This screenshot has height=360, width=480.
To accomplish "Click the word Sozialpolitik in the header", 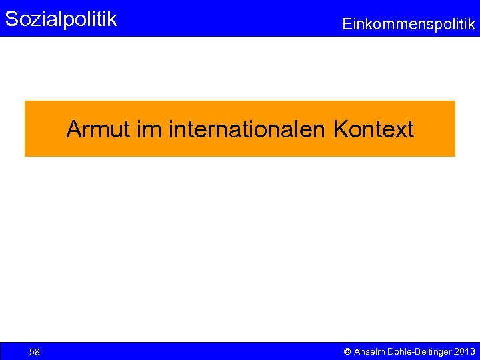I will pos(61,19).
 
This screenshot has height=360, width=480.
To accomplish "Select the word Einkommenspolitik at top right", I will pos(409,25).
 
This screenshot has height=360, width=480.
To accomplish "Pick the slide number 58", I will pos(35,352).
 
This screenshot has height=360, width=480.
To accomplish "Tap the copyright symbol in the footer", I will pos(347,351).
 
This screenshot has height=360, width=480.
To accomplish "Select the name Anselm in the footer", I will pos(369,351).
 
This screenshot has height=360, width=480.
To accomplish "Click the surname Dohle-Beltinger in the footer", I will pos(419,351).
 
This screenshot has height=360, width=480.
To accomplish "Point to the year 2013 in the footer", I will pos(465,351).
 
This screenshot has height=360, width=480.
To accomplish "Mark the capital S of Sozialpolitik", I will pos(11,19).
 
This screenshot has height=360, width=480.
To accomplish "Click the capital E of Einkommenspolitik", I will pos(347,25).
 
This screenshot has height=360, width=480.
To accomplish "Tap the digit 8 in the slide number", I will pos(37,352).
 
